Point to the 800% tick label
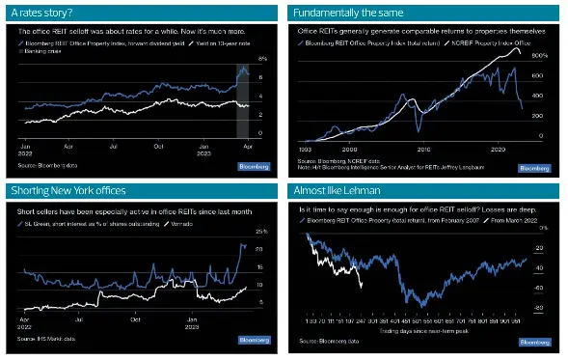pos(540,57)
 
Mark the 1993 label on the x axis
pos(304,150)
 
